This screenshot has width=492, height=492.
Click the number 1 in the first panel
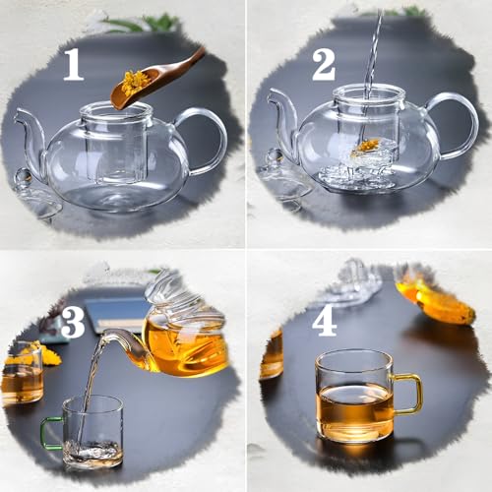(x=74, y=64)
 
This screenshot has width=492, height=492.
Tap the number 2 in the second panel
(x=324, y=64)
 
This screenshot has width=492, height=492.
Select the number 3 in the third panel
(x=73, y=322)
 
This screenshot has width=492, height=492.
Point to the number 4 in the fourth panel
(x=325, y=322)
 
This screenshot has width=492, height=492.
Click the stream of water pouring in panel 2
(x=372, y=59)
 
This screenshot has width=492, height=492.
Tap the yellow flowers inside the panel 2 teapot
(x=367, y=147)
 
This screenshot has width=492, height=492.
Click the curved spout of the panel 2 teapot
(x=281, y=123)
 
